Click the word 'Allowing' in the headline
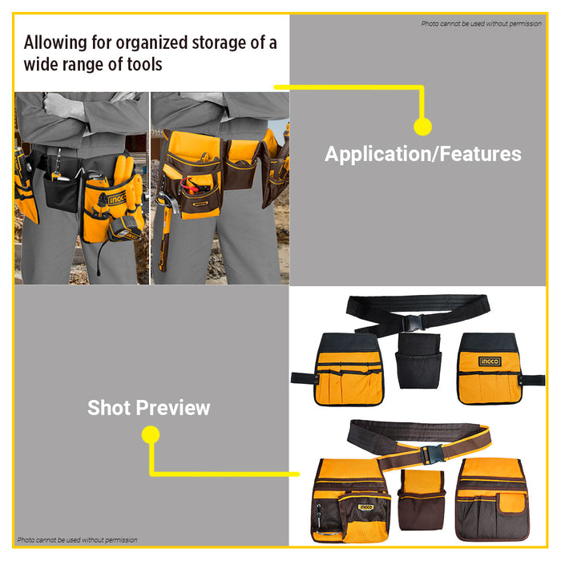point(55,42)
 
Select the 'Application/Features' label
point(423,154)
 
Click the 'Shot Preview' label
point(148,407)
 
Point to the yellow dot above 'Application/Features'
point(422,127)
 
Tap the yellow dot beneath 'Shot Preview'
point(151,434)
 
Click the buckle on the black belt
point(414,323)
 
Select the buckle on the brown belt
point(432,454)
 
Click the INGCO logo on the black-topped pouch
point(490,361)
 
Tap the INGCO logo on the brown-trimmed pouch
point(365,507)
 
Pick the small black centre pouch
point(418,361)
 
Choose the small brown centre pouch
point(422,500)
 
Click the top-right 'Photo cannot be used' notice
point(481,23)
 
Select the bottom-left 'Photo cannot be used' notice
point(77,540)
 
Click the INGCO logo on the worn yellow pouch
point(117,199)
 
